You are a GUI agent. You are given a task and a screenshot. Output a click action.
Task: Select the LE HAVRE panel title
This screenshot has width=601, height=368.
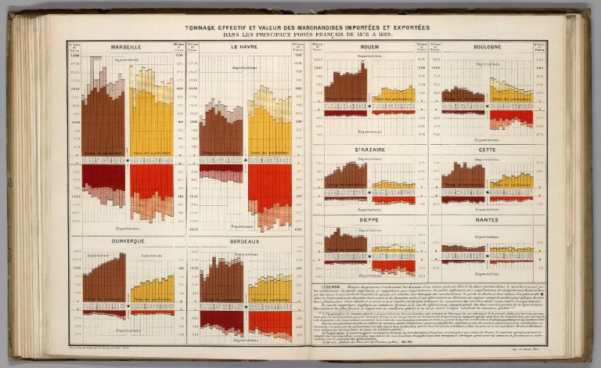(x=245, y=47)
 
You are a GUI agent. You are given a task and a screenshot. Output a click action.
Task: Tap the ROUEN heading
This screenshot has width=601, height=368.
(x=369, y=47)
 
